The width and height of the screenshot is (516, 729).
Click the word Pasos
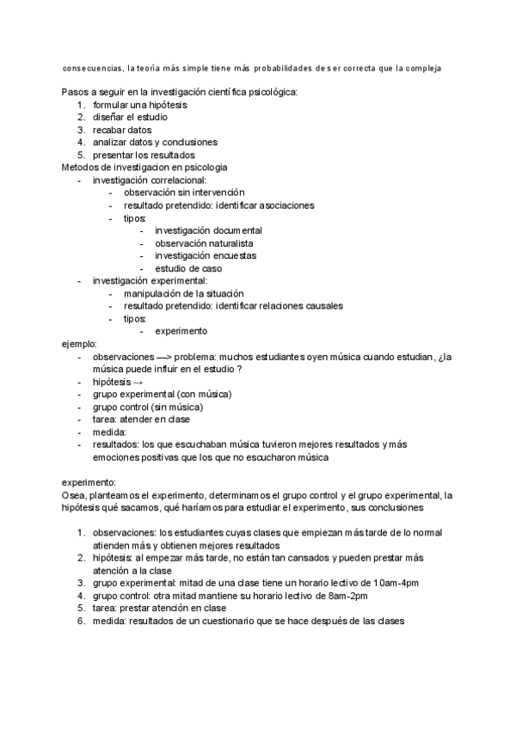(x=76, y=91)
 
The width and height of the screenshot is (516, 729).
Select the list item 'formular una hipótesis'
(x=140, y=104)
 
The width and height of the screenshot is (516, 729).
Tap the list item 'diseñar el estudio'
(x=130, y=117)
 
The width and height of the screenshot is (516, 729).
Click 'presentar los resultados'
(x=145, y=155)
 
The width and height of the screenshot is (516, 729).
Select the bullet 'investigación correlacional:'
(x=150, y=180)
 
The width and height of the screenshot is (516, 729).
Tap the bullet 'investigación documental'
(x=208, y=230)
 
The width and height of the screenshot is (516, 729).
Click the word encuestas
(x=236, y=255)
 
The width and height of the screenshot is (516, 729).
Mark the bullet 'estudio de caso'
(x=188, y=268)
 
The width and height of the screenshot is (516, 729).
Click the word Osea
(x=75, y=495)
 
